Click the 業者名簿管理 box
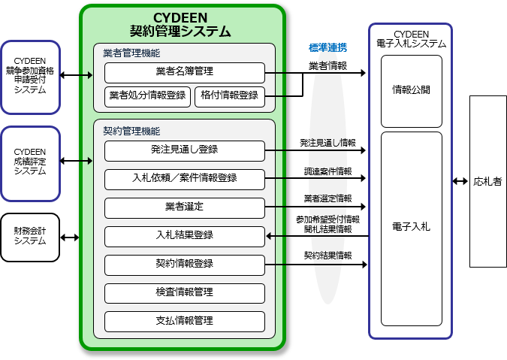pos(185,73)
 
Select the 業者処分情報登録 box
pos(147,97)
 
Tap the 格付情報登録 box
pos(230,97)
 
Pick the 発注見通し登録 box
pos(185,151)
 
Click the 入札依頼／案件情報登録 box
pos(185,179)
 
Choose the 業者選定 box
pos(185,208)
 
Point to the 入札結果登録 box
pos(185,237)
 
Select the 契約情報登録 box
pos(185,265)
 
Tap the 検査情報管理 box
pos(185,293)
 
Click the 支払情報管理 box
pos(185,322)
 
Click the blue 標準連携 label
pos(328,48)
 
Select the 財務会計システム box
pos(30,237)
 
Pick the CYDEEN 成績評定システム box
pos(30,164)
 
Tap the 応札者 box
pos(488,181)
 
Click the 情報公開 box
pos(412,91)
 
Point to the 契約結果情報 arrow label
pos(328,256)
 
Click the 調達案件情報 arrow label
pos(328,171)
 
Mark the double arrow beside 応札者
pos(460,181)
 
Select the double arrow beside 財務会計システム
pos(70,237)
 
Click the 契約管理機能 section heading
pos(131,131)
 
